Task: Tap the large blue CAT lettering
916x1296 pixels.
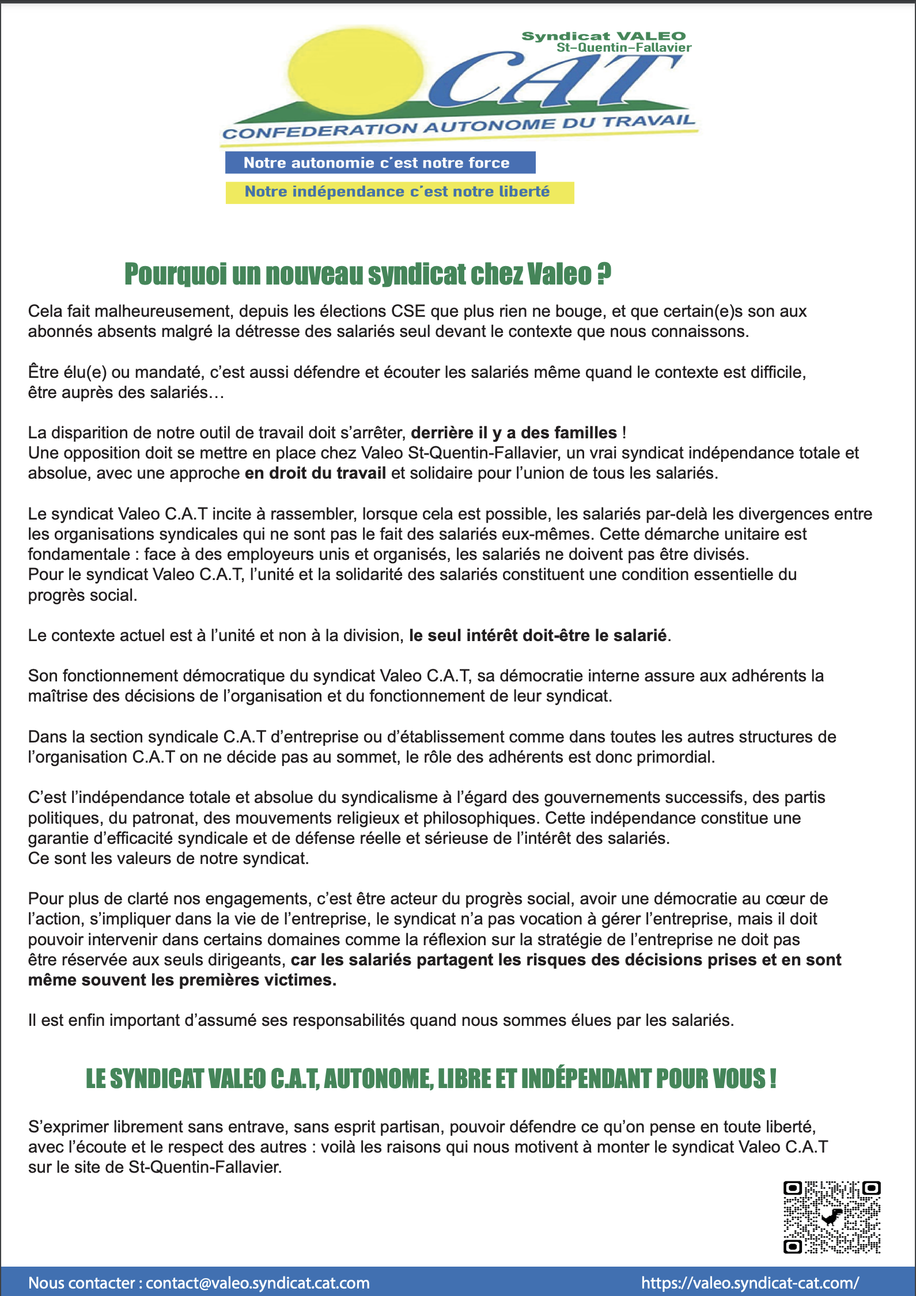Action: click(x=553, y=81)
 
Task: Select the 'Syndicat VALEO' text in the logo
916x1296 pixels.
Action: click(x=603, y=36)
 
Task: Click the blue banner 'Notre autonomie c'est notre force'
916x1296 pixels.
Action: click(x=380, y=162)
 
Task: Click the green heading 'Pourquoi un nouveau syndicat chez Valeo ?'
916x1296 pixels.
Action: click(x=368, y=274)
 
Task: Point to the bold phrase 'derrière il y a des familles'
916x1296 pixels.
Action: click(x=513, y=433)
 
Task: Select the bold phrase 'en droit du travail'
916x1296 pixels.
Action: click(x=315, y=473)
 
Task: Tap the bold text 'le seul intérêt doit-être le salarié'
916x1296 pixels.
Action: click(x=538, y=635)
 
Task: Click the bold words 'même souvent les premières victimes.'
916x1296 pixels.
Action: click(x=182, y=980)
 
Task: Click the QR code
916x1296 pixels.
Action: click(x=831, y=1217)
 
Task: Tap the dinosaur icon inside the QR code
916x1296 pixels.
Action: click(x=831, y=1217)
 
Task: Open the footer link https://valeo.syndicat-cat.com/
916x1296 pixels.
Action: click(x=750, y=1283)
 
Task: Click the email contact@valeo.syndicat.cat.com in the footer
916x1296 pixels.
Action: click(x=258, y=1283)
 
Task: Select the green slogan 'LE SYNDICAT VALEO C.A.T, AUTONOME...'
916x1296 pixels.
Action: click(x=431, y=1079)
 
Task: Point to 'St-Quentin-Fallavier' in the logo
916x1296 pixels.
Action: click(x=623, y=48)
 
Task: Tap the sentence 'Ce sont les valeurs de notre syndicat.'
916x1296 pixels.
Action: click(x=168, y=858)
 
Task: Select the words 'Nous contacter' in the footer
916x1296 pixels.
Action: click(x=81, y=1283)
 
